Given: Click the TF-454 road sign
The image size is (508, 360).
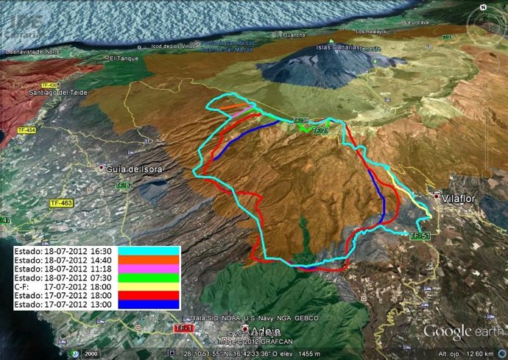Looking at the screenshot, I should (x=26, y=130).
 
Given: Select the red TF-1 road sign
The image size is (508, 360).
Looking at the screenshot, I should (x=183, y=328).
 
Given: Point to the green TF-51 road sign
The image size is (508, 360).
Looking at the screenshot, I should (x=419, y=236).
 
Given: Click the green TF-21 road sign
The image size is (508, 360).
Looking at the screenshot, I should (x=320, y=130).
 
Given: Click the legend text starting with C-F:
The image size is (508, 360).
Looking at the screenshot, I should (x=63, y=287).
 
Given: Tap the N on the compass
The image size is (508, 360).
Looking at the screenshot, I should (x=482, y=7).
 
